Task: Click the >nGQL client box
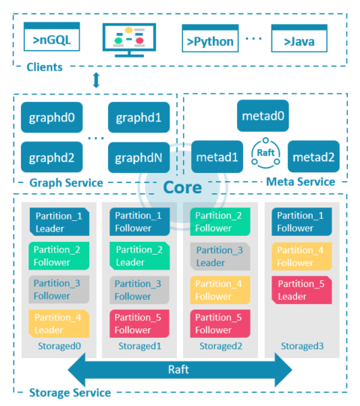click(x=52, y=39)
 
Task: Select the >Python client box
click(x=210, y=39)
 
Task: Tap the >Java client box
click(x=299, y=39)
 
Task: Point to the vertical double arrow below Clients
click(x=96, y=80)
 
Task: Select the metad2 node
click(x=313, y=157)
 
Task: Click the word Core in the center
click(x=183, y=187)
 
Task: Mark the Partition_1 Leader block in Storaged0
click(x=59, y=222)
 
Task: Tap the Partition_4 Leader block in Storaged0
click(x=59, y=324)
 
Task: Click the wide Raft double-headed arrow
click(x=180, y=369)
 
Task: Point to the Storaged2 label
click(x=218, y=346)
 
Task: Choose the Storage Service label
click(x=69, y=393)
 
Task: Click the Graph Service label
click(x=65, y=182)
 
